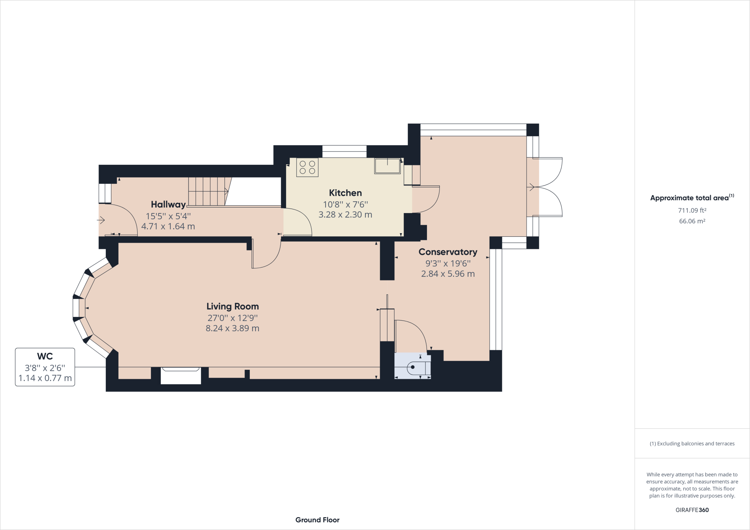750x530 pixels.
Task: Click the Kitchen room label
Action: pos(345,193)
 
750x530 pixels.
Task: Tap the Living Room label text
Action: pos(233,307)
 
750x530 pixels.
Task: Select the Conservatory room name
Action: pos(448,252)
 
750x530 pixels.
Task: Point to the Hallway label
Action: pos(168,204)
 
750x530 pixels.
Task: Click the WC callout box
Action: pos(45,367)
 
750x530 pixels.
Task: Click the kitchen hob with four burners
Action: pos(307,168)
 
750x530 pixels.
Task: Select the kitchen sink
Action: pos(387,166)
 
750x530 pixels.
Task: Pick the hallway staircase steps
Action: pos(208,191)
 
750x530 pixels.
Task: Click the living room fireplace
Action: pos(181,376)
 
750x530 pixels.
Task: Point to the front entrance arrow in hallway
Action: pos(101,220)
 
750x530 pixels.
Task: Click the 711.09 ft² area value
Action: pos(692,210)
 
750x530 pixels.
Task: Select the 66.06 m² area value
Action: pos(692,221)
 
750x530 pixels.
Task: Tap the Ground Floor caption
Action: pos(318,520)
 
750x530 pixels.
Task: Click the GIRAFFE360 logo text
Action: pos(692,510)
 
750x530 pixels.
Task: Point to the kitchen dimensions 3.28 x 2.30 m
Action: pos(345,215)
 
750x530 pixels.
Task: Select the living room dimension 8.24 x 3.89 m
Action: pos(233,328)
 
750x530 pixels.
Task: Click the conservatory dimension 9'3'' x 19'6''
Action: pos(448,263)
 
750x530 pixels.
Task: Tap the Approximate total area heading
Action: pos(692,198)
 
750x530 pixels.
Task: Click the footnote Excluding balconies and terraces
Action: pos(692,444)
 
